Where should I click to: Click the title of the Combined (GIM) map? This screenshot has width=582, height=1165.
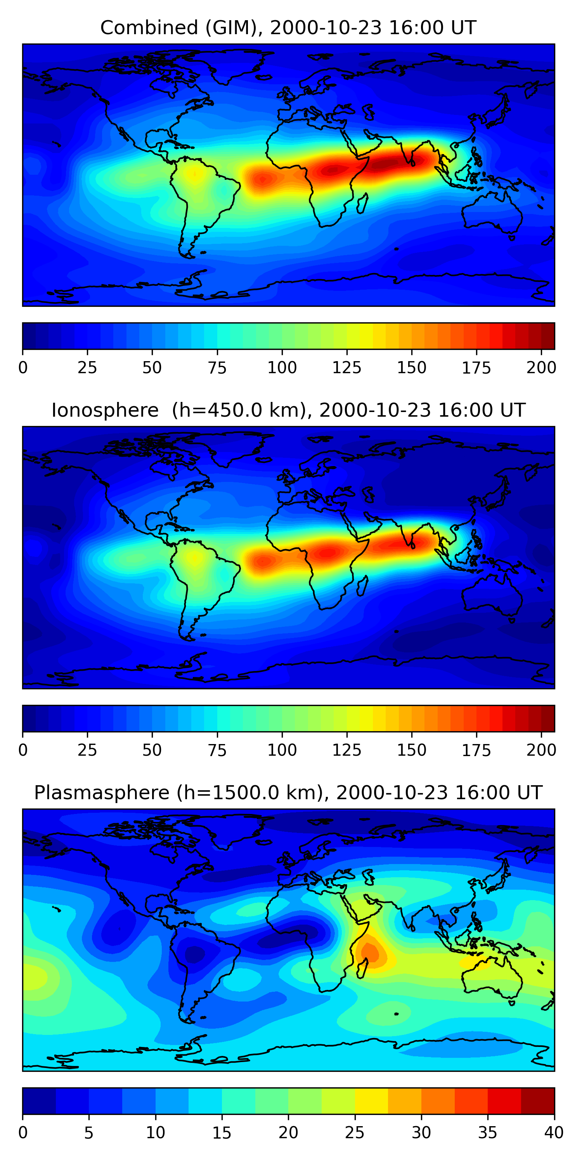pos(288,28)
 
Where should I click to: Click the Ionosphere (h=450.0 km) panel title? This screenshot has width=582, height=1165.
pos(288,410)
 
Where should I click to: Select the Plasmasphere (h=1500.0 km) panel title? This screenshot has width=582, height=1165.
pos(288,793)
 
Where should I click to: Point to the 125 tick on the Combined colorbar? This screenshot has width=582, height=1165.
pos(347,368)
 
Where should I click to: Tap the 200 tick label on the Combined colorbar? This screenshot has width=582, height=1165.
pos(541,368)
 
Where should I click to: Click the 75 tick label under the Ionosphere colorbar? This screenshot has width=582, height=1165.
pos(217,750)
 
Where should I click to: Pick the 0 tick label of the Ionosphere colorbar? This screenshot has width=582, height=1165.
pos(23,750)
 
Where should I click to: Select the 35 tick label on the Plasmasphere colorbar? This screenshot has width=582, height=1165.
pos(488,1133)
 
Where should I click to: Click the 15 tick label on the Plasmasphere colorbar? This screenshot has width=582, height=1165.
pos(222,1133)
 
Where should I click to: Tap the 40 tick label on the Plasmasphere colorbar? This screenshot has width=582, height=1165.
pos(554,1133)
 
